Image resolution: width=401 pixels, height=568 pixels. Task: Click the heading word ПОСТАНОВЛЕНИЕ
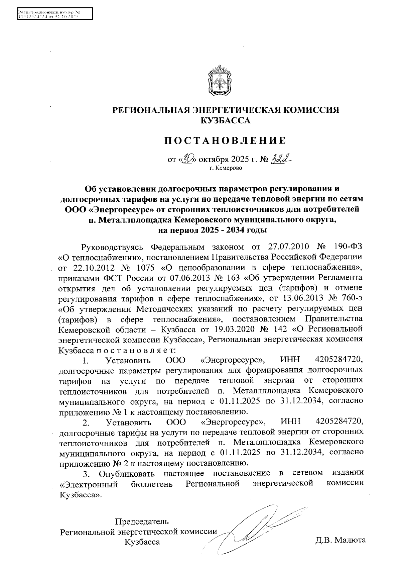click(225, 140)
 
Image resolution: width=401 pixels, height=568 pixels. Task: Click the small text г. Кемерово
click(226, 168)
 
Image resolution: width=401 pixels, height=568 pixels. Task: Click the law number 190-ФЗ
click(348, 247)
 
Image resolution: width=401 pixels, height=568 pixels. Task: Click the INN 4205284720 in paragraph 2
click(339, 422)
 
